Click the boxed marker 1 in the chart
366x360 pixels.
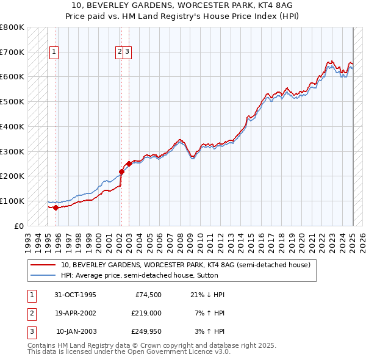coord(54,52)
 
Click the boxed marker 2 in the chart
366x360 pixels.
coord(120,52)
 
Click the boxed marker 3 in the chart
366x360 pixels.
coord(127,52)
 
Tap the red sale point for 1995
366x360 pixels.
coord(56,207)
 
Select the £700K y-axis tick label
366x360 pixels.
coord(12,52)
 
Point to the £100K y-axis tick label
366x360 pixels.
coord(12,201)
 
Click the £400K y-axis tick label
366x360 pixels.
coord(12,126)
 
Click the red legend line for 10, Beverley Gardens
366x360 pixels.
coord(43,265)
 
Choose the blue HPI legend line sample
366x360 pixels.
coord(43,275)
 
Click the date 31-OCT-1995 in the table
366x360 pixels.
coord(76,295)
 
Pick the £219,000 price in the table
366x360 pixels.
coord(146,313)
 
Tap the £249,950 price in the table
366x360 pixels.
coord(146,331)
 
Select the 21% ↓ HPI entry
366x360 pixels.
coord(208,295)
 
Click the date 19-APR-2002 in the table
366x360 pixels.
coord(76,313)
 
